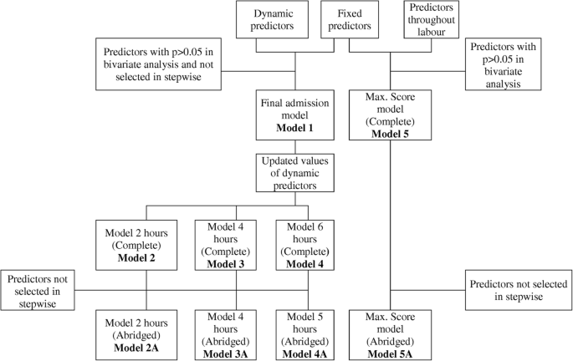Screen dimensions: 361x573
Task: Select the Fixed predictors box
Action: point(349,21)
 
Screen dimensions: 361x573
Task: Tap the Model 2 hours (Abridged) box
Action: point(147,332)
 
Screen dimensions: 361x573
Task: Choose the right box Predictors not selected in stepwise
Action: point(519,289)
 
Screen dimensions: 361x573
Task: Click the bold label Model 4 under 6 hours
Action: point(310,263)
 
